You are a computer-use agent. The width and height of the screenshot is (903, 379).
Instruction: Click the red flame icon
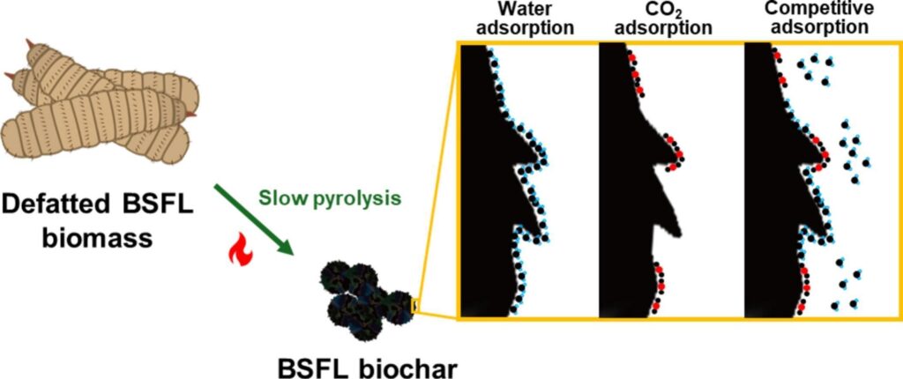tap(240, 255)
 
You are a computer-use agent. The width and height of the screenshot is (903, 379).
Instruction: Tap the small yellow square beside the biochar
tap(417, 308)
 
